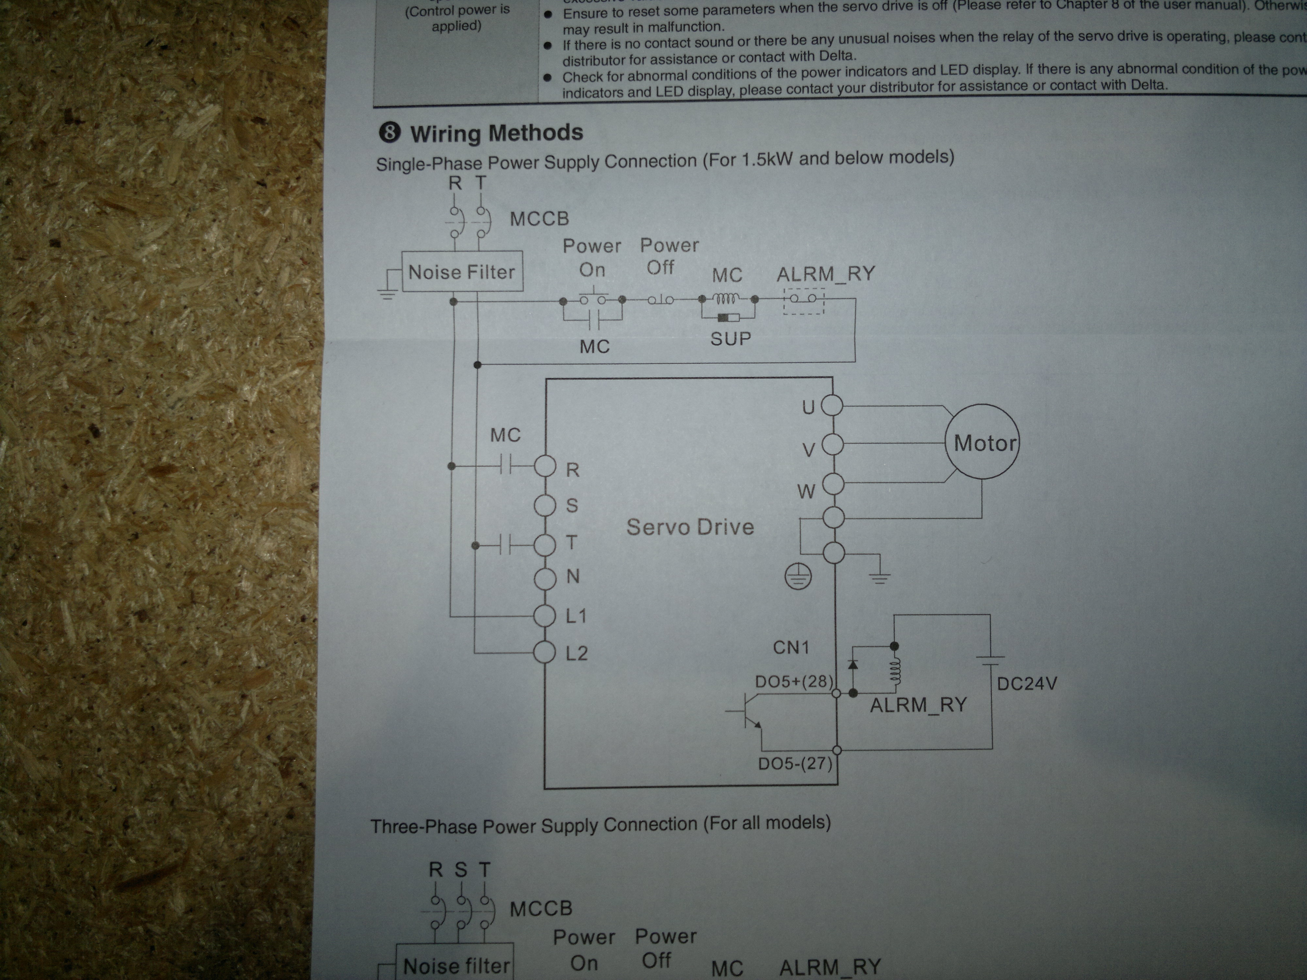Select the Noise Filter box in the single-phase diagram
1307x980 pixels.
click(x=462, y=272)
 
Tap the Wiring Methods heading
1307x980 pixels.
click(x=496, y=133)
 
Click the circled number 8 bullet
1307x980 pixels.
click(x=389, y=132)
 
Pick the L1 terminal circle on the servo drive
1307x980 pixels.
click(x=545, y=615)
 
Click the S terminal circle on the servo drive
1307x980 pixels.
click(x=545, y=505)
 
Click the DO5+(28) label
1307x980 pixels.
click(x=794, y=682)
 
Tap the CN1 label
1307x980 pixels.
click(x=791, y=647)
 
